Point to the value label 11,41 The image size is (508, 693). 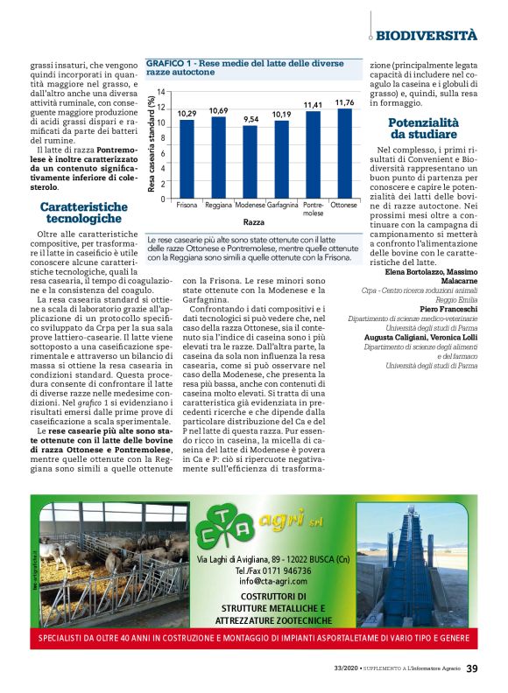click(x=313, y=105)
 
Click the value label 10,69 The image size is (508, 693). click(x=218, y=111)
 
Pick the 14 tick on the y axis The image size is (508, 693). click(x=161, y=92)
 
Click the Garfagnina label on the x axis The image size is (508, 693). click(x=281, y=205)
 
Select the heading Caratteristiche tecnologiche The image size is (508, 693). click(x=83, y=213)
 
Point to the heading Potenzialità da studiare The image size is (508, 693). click(x=423, y=129)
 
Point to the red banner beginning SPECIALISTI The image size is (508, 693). click(x=253, y=639)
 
